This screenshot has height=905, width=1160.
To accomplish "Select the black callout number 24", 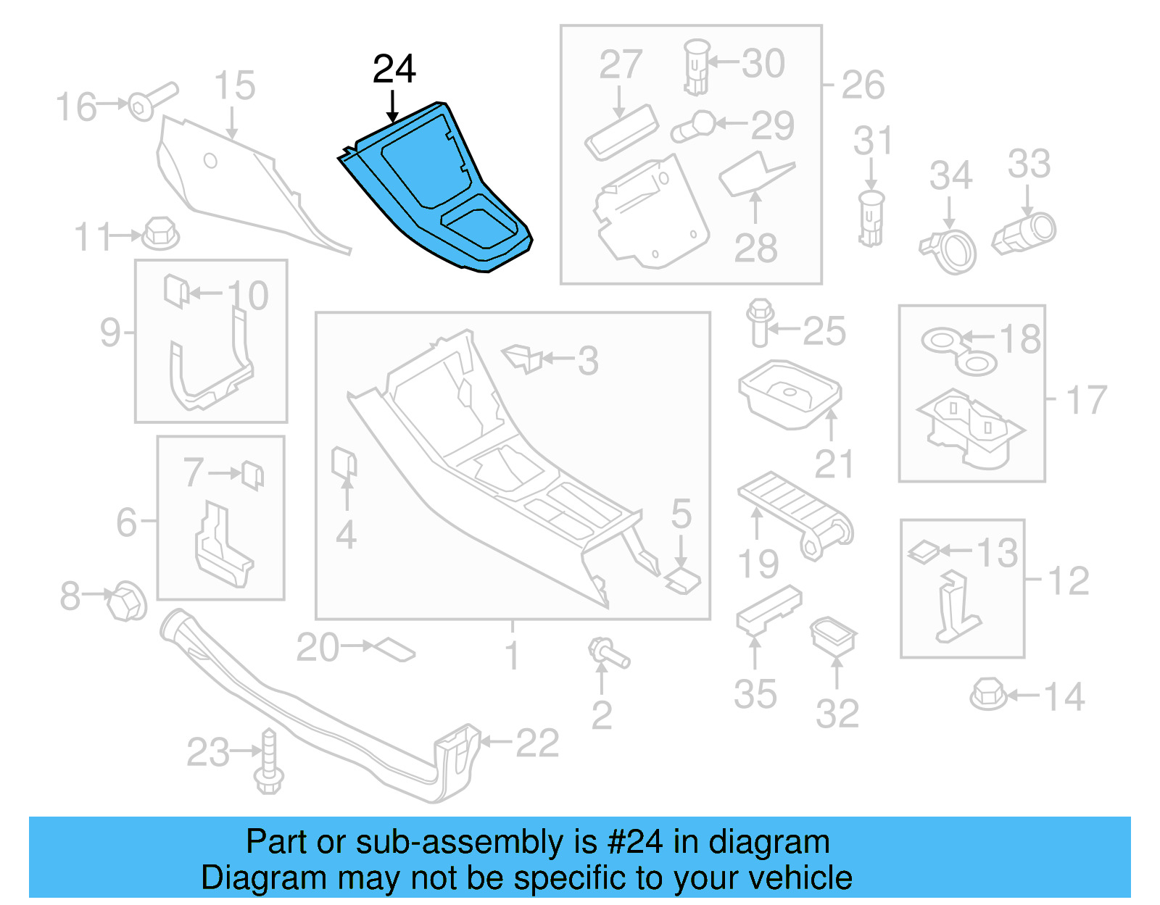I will [x=394, y=70].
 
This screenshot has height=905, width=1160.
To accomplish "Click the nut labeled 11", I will [x=160, y=234].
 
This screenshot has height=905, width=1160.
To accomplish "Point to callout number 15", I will [x=234, y=86].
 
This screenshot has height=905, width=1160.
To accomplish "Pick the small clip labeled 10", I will [x=176, y=291].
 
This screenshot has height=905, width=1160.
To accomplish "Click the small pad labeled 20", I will [x=394, y=648].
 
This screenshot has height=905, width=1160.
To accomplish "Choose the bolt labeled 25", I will [x=758, y=323].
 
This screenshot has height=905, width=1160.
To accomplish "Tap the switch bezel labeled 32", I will [x=834, y=635].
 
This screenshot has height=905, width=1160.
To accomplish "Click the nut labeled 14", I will [x=987, y=693].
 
